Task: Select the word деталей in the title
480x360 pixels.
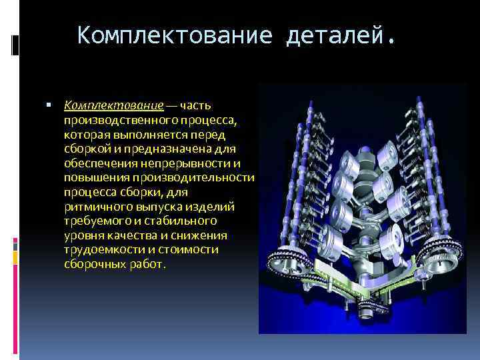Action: click(337, 35)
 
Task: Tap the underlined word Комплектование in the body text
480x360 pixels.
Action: click(113, 105)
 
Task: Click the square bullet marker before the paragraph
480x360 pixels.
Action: click(51, 105)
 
